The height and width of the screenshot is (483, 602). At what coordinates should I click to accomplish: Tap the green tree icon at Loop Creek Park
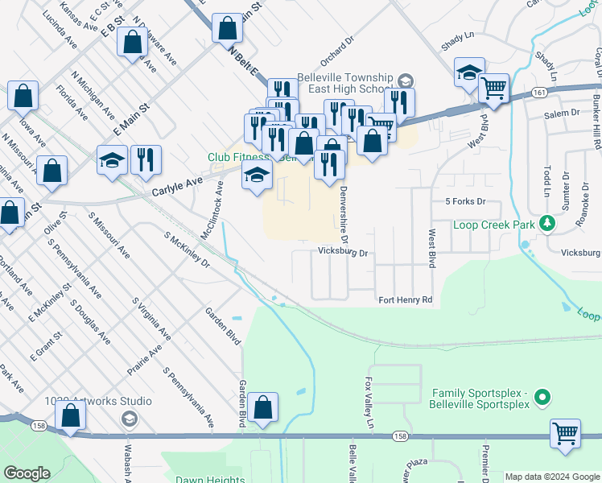pyautogui.click(x=547, y=222)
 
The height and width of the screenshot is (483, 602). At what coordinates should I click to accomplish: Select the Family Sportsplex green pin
pyautogui.click(x=542, y=397)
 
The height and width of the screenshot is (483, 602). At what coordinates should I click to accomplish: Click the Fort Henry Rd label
pyautogui.click(x=406, y=300)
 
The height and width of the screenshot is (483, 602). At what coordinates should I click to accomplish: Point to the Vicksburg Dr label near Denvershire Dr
pyautogui.click(x=342, y=253)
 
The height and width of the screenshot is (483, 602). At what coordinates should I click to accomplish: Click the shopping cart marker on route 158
pyautogui.click(x=566, y=433)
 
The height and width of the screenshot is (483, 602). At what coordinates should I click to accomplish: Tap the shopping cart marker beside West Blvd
pyautogui.click(x=493, y=88)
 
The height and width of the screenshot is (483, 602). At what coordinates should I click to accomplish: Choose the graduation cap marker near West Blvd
pyautogui.click(x=468, y=72)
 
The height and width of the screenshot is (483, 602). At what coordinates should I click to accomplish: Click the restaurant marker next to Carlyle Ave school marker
pyautogui.click(x=145, y=159)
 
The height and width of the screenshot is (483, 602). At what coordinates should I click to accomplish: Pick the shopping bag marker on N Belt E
pyautogui.click(x=228, y=28)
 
